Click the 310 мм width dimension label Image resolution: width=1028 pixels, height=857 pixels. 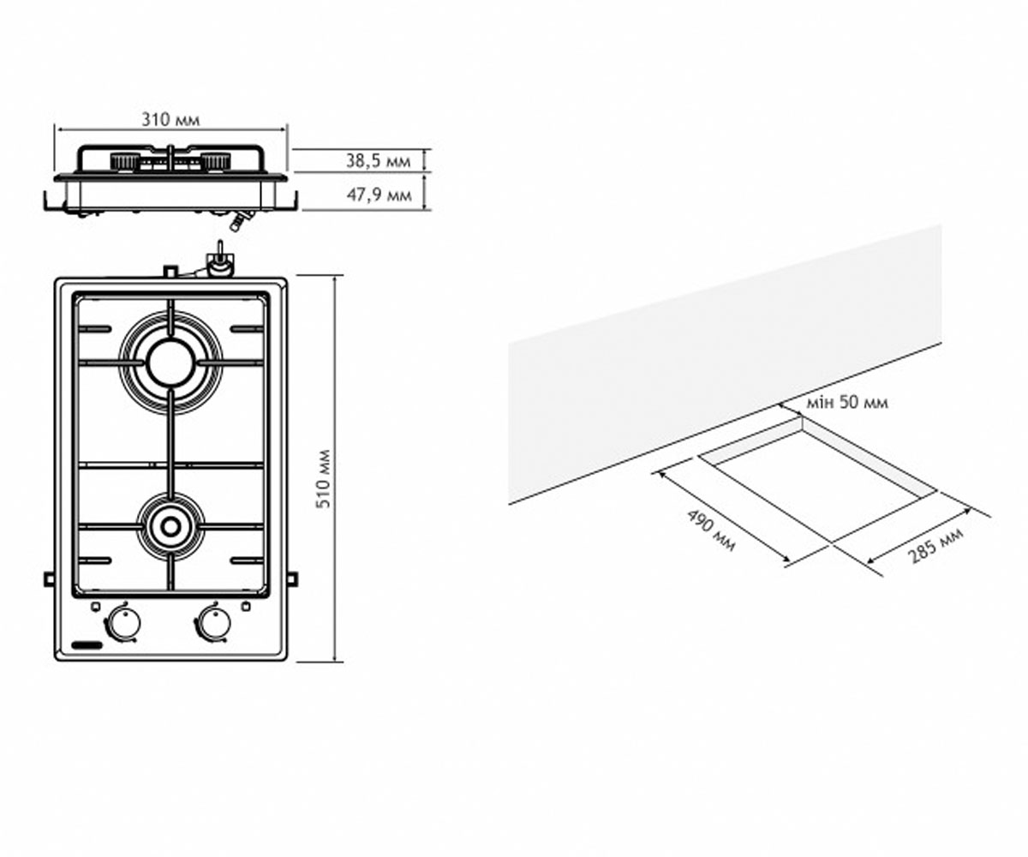click(170, 120)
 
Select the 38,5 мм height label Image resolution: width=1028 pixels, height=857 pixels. click(378, 161)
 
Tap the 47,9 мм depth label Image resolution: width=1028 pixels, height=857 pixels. click(379, 195)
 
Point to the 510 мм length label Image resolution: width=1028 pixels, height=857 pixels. click(324, 479)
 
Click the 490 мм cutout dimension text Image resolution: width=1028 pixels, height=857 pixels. click(711, 530)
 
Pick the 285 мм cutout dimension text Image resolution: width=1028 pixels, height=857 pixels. click(935, 546)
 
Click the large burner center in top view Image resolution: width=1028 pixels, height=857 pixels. click(170, 363)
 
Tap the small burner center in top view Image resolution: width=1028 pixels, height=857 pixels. click(170, 526)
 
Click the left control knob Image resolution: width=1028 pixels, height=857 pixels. click(123, 623)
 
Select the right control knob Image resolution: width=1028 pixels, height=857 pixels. click(213, 623)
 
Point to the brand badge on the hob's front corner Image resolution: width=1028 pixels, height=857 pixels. click(87, 645)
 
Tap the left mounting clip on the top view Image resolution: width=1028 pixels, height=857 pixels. click(49, 578)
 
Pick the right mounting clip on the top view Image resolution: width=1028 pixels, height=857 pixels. click(292, 578)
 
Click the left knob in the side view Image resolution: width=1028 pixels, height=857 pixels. click(123, 161)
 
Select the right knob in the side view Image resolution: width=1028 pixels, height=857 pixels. click(216, 161)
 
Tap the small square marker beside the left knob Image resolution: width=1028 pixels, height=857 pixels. click(96, 607)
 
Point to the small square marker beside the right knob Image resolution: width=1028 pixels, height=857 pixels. click(246, 607)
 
